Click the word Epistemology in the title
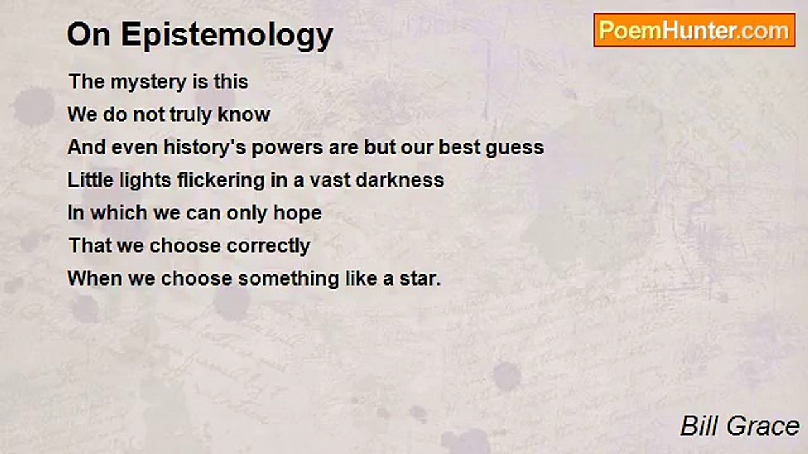pyautogui.click(x=227, y=35)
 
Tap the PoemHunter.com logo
pyautogui.click(x=694, y=30)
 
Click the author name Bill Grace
pyautogui.click(x=740, y=426)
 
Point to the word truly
pyautogui.click(x=191, y=115)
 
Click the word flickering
pyautogui.click(x=221, y=180)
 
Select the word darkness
pyautogui.click(x=400, y=180)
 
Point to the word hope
pyautogui.click(x=297, y=214)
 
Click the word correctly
pyautogui.click(x=268, y=247)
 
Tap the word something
pyautogui.click(x=288, y=279)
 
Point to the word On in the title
pyautogui.click(x=89, y=35)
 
